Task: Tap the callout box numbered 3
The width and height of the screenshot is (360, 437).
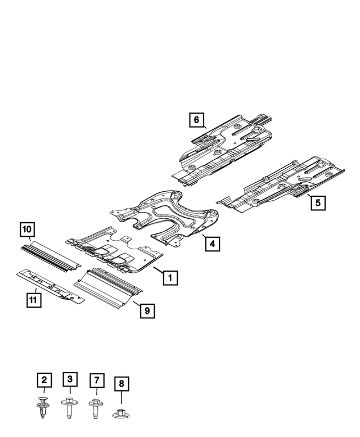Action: [70, 380]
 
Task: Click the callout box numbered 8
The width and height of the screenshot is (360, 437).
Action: [121, 385]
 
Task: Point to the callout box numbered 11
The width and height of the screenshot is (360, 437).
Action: [34, 300]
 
